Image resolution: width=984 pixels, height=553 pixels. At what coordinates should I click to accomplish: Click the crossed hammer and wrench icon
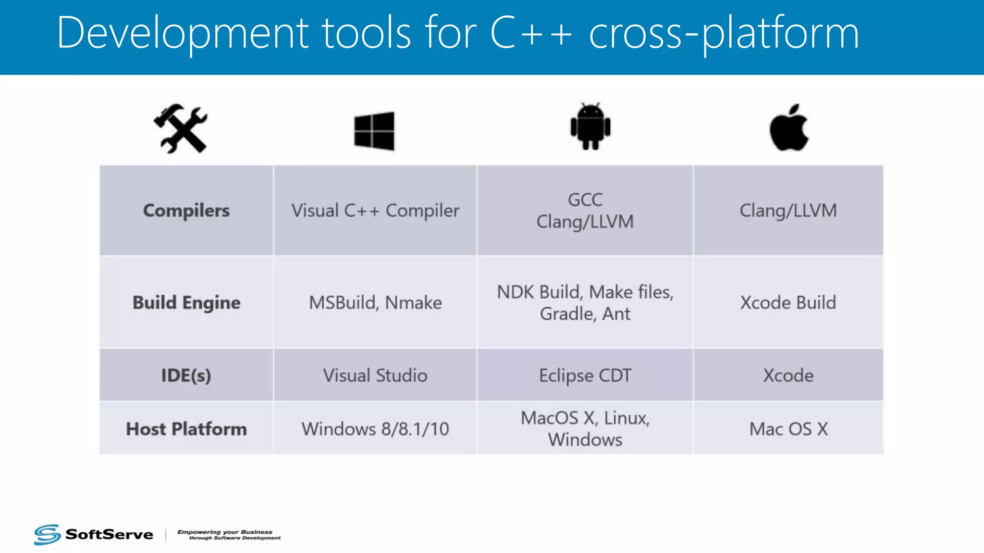pos(181,129)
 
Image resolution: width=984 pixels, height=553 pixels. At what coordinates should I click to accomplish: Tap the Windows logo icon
pos(374,131)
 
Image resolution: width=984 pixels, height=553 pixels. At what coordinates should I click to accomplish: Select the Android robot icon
pos(590,127)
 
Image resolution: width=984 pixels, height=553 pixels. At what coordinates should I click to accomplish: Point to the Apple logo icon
pos(789,128)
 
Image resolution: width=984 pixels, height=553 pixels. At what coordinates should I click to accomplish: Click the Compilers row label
pos(186,211)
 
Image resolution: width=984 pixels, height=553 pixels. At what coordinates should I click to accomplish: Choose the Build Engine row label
pos(186,303)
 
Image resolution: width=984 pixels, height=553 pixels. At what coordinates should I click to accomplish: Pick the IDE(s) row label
pos(186,375)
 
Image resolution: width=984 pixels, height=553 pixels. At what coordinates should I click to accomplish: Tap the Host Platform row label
pos(186,429)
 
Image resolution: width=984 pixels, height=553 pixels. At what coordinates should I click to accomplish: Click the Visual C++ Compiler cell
pos(375,211)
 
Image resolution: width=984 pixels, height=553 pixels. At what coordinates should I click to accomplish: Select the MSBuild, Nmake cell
pos(375,303)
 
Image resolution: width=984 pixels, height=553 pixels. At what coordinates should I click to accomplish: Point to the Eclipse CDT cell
pos(585,375)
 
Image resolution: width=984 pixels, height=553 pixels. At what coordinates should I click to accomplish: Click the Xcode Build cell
pos(788,303)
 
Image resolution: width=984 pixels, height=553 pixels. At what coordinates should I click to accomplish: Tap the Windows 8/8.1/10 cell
pos(375,429)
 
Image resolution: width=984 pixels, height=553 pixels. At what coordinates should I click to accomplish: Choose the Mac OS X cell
pos(788,429)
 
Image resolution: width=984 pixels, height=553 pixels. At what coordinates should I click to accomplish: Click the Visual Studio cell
pos(375,375)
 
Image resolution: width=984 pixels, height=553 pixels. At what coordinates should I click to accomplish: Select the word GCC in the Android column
pos(585,200)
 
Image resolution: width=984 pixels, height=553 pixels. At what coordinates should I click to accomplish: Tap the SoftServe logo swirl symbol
pos(47,534)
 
